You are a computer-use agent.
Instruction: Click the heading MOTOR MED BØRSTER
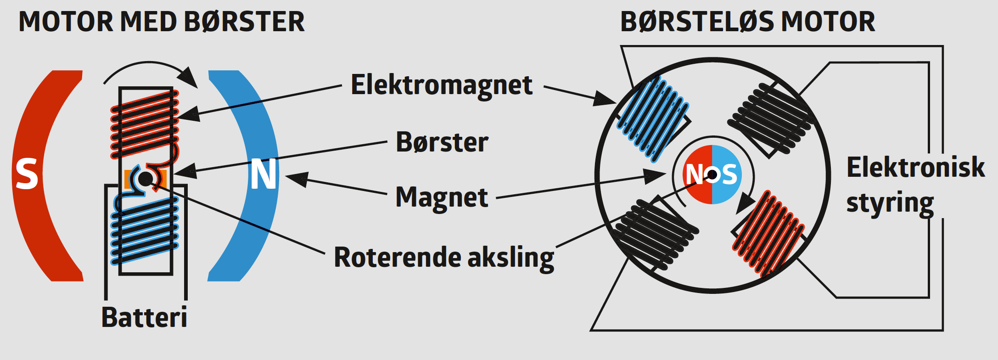tap(162, 22)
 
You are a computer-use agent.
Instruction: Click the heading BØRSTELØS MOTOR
tap(747, 22)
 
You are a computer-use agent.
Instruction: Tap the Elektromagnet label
tap(442, 85)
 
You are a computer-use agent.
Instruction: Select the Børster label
tap(442, 142)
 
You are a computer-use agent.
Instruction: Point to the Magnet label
tap(442, 197)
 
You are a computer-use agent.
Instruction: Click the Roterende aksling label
tap(444, 257)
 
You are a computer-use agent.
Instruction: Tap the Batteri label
tap(144, 317)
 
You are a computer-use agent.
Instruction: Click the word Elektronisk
tap(915, 167)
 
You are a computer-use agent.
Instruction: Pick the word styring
tap(890, 203)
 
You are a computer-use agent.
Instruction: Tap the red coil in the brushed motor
tap(144, 123)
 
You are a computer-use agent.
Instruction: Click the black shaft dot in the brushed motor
tap(146, 179)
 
